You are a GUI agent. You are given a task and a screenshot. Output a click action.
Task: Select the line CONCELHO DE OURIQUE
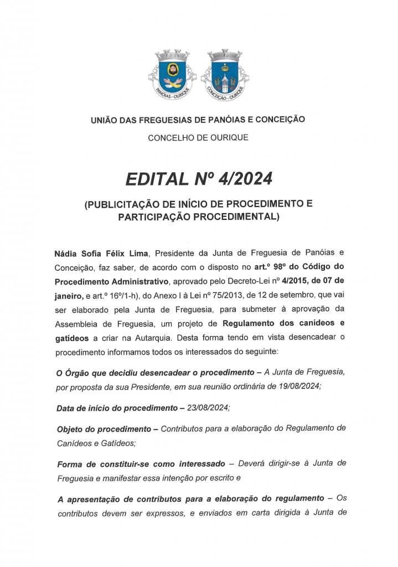click(x=198, y=137)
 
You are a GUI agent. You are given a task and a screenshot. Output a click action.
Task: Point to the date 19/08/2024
click(x=299, y=386)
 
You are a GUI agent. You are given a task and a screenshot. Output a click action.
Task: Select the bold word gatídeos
click(x=73, y=337)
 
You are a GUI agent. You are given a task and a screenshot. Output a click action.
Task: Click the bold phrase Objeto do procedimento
click(x=104, y=429)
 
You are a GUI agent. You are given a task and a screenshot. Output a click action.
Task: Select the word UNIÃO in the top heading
click(x=104, y=118)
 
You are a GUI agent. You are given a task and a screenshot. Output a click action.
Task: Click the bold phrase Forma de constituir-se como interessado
click(x=141, y=463)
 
